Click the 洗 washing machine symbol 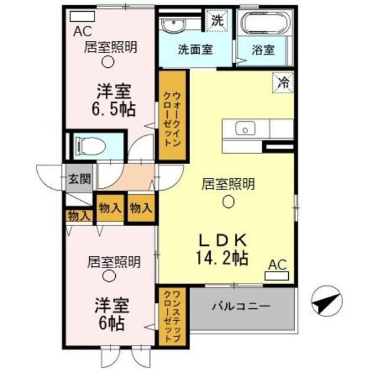(x=217, y=19)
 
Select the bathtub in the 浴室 (x=265, y=24)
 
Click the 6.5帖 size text (x=113, y=109)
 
